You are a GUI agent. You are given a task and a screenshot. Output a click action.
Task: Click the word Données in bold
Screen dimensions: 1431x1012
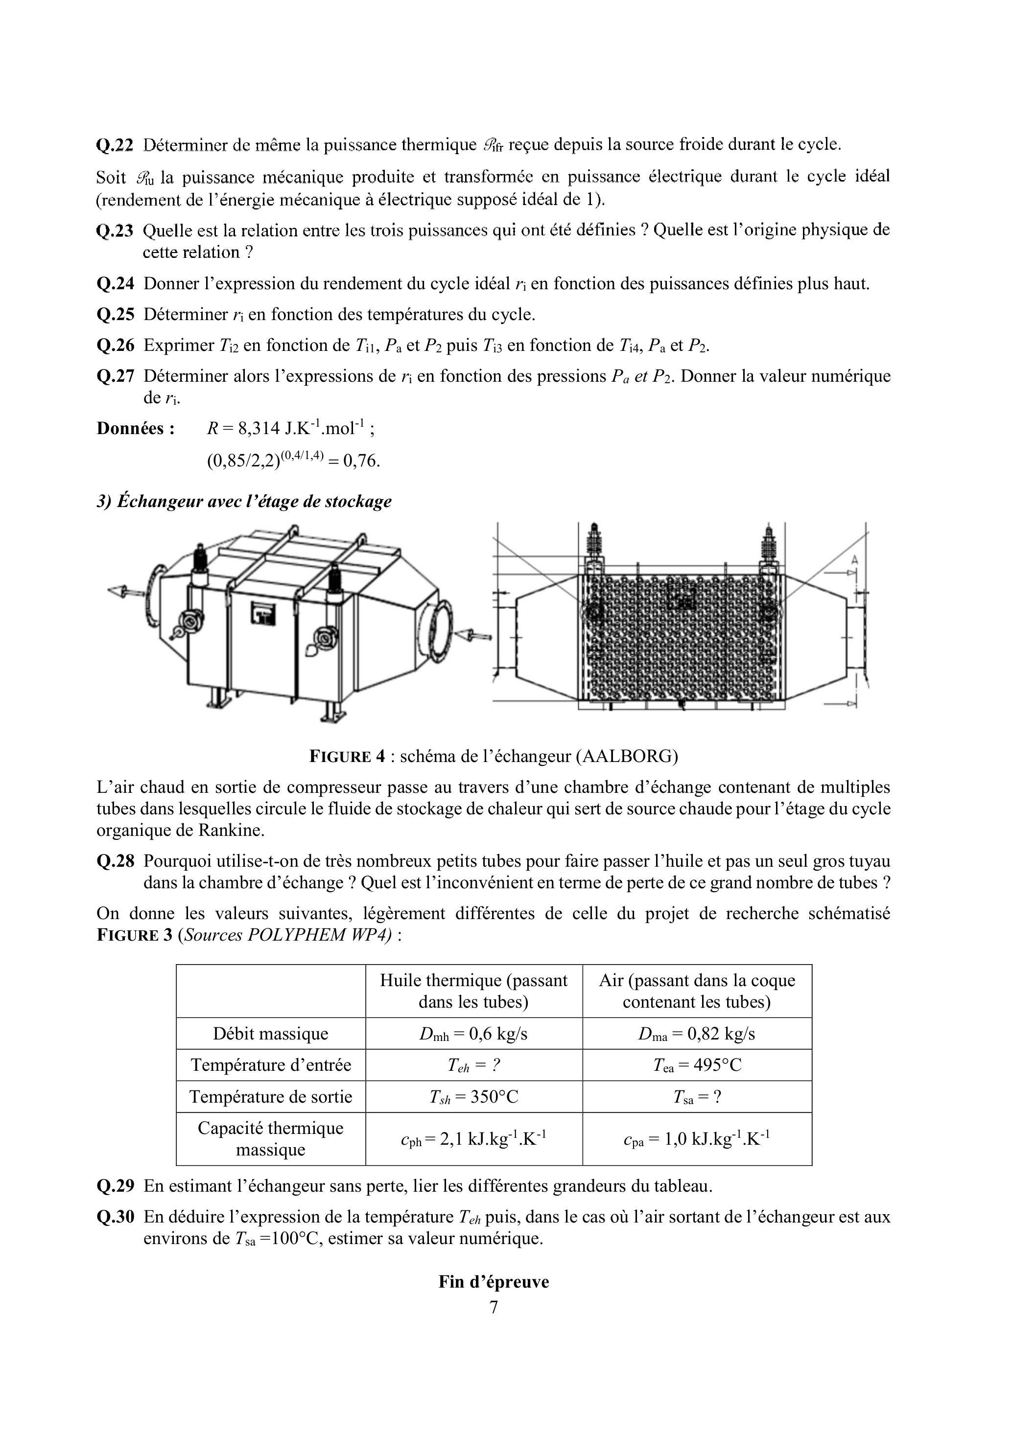135,429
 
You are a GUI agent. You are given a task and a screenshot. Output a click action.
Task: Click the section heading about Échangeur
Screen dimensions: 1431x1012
244,501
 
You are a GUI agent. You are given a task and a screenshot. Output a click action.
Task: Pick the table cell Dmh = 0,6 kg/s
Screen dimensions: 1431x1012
473,1034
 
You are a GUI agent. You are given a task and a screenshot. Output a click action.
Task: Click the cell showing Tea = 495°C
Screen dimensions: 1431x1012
697,1065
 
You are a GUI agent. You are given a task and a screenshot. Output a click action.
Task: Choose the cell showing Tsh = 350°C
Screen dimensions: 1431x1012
473,1096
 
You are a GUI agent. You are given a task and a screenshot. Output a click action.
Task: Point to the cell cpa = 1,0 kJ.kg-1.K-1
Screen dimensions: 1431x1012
697,1139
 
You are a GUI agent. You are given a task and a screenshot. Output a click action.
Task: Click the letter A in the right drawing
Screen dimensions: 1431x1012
854,560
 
